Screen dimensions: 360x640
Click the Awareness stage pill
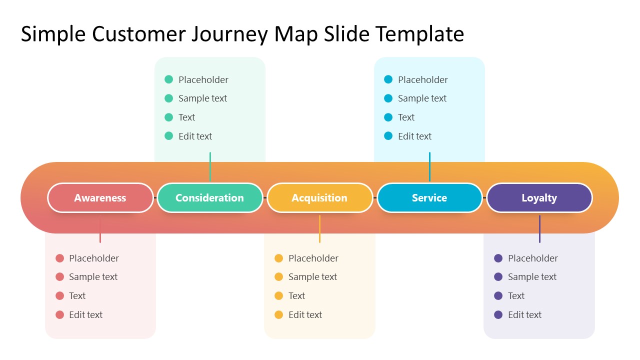coord(100,198)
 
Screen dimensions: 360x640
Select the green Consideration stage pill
coord(209,198)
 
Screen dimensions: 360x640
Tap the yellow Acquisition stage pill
coord(319,198)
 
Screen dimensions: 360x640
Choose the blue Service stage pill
coord(429,198)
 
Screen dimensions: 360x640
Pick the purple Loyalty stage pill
coord(539,198)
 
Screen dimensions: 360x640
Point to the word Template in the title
coord(419,34)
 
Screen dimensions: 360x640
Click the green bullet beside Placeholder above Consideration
coord(169,79)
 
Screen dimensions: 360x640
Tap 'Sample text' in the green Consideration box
coord(202,98)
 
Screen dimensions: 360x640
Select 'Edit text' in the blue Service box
coord(414,136)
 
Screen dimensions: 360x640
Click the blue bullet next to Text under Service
coord(388,117)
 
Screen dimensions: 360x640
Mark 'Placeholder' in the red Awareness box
coord(94,258)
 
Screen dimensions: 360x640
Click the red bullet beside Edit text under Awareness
coord(60,314)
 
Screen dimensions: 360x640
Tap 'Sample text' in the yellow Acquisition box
coord(312,277)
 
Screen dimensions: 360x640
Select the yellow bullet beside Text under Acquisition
coord(279,296)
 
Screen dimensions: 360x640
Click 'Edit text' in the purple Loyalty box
coord(524,314)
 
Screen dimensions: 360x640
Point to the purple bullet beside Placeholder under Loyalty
coord(498,258)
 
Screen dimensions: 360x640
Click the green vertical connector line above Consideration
coord(210,166)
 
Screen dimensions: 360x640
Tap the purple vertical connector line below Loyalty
coord(539,229)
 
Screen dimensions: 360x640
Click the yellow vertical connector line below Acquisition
coord(319,229)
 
